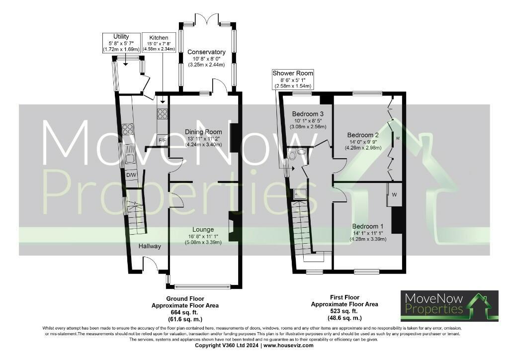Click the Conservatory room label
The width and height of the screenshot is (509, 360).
(206, 52)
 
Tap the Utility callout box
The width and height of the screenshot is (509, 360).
(121, 43)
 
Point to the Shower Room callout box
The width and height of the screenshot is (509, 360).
(293, 80)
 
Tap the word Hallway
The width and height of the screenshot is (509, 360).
(150, 246)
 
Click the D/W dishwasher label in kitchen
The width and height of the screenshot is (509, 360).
(131, 176)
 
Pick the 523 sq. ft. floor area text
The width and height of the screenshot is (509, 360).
(344, 311)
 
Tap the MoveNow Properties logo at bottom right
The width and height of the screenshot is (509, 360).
(449, 305)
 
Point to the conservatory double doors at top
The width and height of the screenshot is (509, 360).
(206, 20)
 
